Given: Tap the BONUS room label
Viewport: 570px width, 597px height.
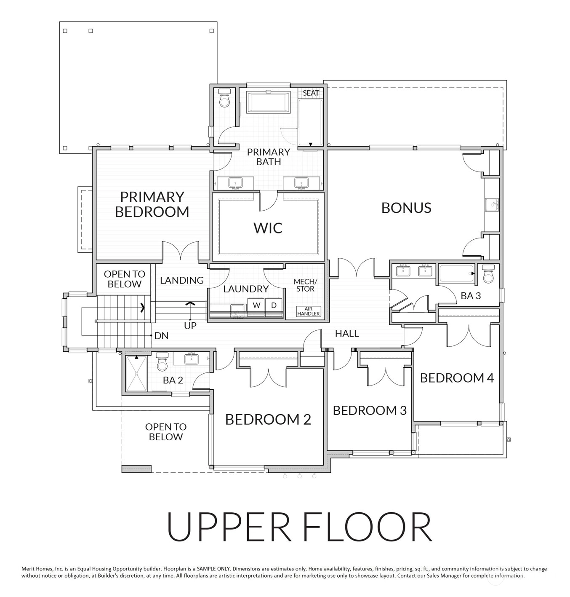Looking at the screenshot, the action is [406, 208].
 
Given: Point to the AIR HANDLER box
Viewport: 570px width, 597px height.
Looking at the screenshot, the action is [309, 311].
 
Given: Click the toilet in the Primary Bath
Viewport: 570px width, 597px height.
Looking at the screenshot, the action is [225, 98].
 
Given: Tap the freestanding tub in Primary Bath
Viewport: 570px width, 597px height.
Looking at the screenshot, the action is [268, 102].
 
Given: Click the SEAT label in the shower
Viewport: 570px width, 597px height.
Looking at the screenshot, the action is [311, 93].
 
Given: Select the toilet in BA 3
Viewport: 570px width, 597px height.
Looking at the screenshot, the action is [488, 274].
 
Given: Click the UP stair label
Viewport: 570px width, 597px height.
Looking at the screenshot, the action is [190, 326].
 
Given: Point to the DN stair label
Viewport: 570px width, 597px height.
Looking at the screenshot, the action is [161, 336].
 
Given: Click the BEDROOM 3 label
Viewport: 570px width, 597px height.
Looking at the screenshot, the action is [370, 410].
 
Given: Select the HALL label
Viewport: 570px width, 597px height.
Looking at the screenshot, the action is [347, 334].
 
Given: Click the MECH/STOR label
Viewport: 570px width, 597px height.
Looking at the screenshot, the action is [305, 285].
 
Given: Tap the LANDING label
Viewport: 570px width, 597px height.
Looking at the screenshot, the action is [182, 280].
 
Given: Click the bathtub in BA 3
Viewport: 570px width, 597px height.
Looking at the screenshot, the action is [457, 274].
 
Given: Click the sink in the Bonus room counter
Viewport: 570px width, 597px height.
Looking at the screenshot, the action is [492, 205].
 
